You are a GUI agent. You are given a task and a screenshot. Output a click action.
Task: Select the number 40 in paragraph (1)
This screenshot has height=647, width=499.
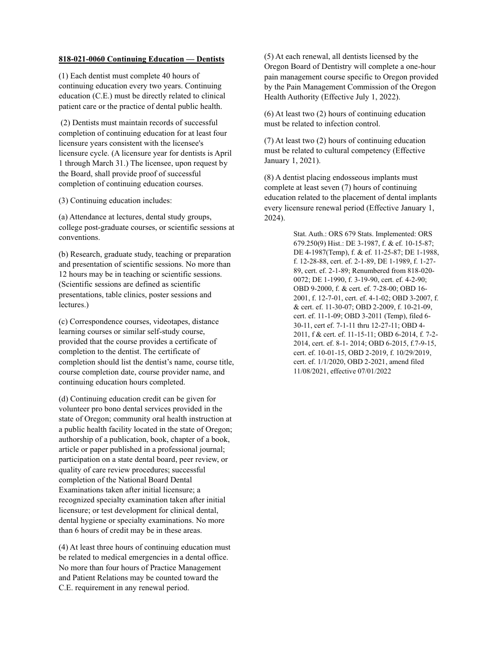[x=174, y=76]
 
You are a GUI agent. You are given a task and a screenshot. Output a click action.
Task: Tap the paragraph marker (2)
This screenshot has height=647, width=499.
[x=65, y=123]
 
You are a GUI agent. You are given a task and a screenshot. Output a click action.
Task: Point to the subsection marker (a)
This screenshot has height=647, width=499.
[x=64, y=217]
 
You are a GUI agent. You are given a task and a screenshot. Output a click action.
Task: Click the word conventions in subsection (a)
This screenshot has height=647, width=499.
[x=78, y=237]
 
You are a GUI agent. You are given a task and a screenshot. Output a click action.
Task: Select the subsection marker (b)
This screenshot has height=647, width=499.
[x=64, y=254]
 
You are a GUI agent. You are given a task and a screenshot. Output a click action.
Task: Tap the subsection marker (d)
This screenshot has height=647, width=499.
[x=64, y=399]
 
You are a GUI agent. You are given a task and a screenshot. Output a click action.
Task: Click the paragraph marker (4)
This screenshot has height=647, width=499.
[x=64, y=548]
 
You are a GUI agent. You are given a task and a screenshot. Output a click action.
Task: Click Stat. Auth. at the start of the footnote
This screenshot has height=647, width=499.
[x=310, y=234]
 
